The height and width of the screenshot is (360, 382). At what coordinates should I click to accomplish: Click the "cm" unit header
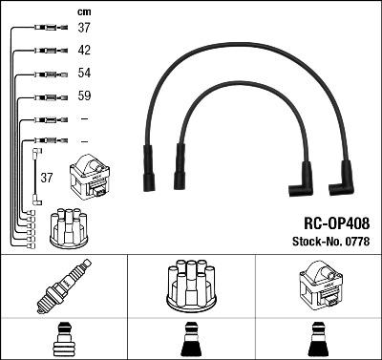(x=82, y=12)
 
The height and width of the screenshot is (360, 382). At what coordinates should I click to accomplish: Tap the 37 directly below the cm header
(x=84, y=29)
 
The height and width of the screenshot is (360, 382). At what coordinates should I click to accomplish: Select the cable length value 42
(x=84, y=51)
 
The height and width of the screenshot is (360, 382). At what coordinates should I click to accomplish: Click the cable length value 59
(x=84, y=96)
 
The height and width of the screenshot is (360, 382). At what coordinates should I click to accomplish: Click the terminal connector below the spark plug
(x=63, y=340)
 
